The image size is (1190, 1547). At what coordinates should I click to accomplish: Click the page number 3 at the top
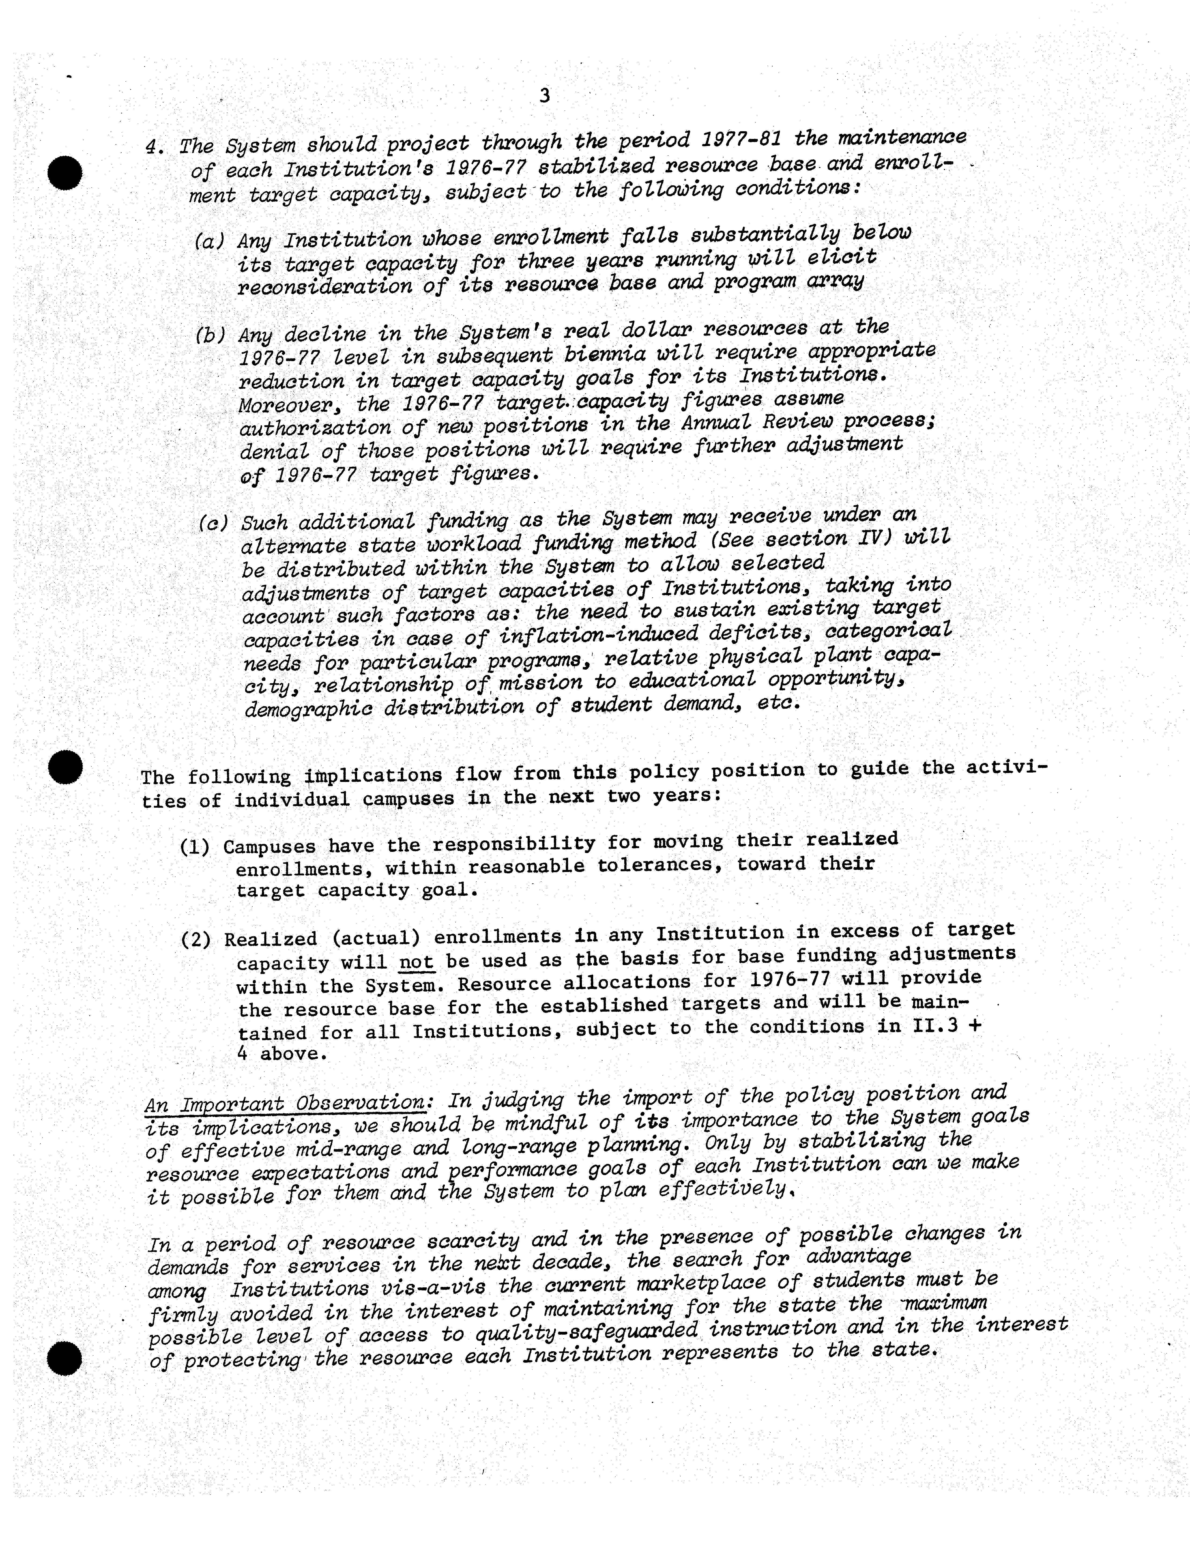pyautogui.click(x=544, y=96)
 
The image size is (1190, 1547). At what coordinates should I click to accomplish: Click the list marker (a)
pyautogui.click(x=210, y=242)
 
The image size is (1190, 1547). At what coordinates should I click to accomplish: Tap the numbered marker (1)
pyautogui.click(x=195, y=847)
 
